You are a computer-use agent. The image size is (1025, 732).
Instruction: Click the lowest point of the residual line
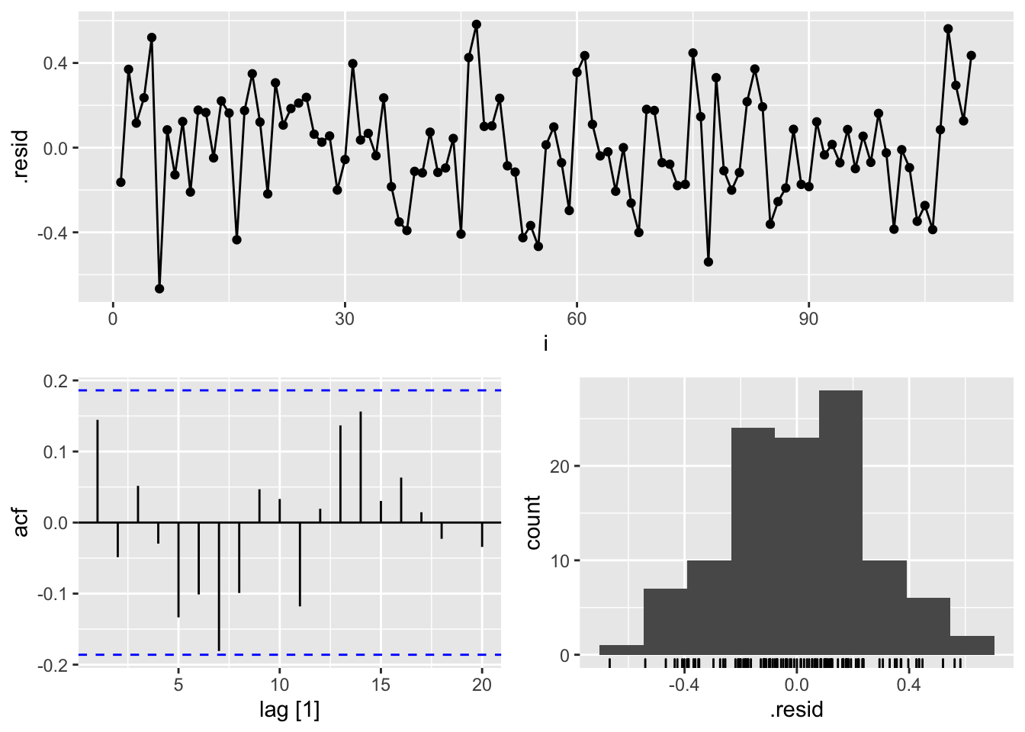click(159, 289)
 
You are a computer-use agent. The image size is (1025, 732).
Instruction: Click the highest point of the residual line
click(477, 24)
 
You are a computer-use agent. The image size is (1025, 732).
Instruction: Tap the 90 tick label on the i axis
click(808, 319)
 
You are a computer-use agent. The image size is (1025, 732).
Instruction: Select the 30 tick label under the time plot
click(345, 319)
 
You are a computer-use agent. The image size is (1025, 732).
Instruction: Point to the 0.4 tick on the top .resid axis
click(55, 63)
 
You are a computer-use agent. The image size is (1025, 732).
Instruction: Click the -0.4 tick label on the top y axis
click(52, 233)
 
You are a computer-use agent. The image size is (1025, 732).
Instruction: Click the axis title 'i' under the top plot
click(545, 344)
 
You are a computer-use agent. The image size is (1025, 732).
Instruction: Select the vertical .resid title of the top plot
click(21, 157)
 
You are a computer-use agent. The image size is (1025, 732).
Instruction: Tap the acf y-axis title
click(21, 522)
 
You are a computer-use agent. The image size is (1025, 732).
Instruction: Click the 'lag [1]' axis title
click(289, 711)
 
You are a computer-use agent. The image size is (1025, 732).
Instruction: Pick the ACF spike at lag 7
click(219, 586)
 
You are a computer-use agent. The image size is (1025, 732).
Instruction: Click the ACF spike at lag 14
click(361, 467)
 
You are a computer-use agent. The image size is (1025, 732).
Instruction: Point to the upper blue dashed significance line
click(290, 390)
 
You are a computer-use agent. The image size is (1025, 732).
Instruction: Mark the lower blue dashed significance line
click(290, 655)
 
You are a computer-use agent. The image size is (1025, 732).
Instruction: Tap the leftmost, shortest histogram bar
click(622, 650)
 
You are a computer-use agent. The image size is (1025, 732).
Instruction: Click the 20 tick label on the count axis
click(561, 467)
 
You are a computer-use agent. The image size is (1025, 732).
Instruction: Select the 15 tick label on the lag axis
click(381, 685)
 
